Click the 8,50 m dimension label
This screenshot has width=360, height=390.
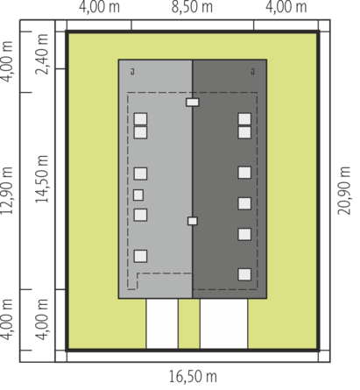(192, 7)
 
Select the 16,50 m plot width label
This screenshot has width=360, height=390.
(193, 377)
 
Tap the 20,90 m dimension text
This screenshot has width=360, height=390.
(344, 190)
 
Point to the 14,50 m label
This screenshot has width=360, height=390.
(41, 179)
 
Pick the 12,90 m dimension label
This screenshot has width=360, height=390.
(7, 190)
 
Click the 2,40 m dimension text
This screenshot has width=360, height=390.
(41, 54)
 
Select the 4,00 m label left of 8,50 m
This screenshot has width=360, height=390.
(99, 7)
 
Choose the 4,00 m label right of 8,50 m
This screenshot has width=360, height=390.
(286, 7)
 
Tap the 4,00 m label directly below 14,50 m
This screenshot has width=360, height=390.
(41, 320)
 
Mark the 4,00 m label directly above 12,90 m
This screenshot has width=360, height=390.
(7, 61)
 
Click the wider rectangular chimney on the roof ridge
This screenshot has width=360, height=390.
(193, 103)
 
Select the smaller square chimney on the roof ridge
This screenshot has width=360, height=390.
(193, 221)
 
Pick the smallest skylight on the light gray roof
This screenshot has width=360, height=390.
(138, 195)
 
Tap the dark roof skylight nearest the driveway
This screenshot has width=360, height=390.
(244, 274)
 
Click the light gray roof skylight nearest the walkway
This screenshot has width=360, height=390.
(140, 256)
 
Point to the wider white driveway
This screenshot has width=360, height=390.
(224, 323)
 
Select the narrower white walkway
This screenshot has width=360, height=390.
(162, 323)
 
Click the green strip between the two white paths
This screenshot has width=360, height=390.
(189, 323)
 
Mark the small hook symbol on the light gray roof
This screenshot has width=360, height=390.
(132, 71)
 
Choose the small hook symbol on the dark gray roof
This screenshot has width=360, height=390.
(253, 71)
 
